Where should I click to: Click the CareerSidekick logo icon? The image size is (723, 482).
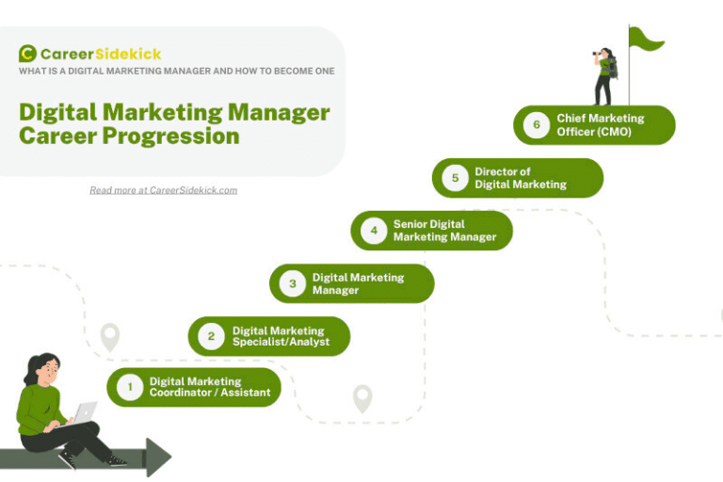click(x=27, y=54)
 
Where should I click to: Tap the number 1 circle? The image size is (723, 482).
click(x=130, y=387)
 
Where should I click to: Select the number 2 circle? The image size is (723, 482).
click(x=211, y=336)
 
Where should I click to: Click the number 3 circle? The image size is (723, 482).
click(x=293, y=283)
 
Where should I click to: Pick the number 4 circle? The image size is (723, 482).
click(x=374, y=231)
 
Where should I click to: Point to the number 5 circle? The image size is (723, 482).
click(x=455, y=178)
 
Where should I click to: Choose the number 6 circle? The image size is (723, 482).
click(x=537, y=125)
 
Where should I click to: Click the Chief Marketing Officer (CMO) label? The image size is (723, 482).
click(x=600, y=125)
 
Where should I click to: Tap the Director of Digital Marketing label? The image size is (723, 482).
click(x=521, y=178)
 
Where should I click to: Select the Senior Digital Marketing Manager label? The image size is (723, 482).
click(x=444, y=231)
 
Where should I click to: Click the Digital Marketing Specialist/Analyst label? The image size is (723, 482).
click(x=281, y=336)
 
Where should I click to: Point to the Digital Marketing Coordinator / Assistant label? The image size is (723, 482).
click(x=209, y=387)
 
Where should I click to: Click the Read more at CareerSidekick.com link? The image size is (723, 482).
click(x=163, y=190)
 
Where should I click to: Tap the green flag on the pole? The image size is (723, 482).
click(x=646, y=40)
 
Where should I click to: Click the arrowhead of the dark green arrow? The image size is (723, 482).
click(x=158, y=458)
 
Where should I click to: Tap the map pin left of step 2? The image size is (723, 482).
click(x=110, y=337)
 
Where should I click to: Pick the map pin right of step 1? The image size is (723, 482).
click(x=362, y=398)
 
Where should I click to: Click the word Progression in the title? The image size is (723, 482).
click(x=176, y=136)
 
